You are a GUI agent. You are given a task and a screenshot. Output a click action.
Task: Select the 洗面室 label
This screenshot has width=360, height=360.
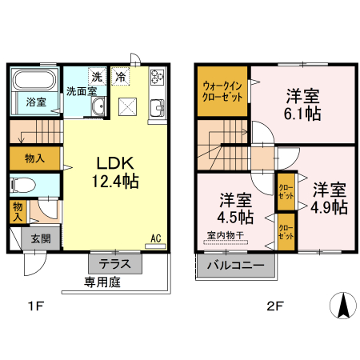point(81,91)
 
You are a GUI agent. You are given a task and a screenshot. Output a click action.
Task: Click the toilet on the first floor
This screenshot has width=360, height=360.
point(26,186)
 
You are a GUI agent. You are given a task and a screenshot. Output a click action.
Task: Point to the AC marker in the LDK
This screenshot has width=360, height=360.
point(157,238)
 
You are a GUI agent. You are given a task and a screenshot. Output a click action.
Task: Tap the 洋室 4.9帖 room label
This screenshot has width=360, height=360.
point(329,198)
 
